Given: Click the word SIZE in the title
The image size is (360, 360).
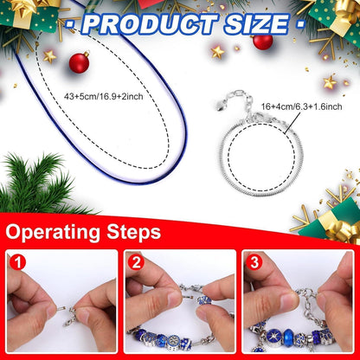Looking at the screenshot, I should (x=256, y=23).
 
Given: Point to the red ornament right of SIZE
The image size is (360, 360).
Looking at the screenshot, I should (x=263, y=41).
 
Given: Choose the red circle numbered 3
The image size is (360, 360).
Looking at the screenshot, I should (x=254, y=261).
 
